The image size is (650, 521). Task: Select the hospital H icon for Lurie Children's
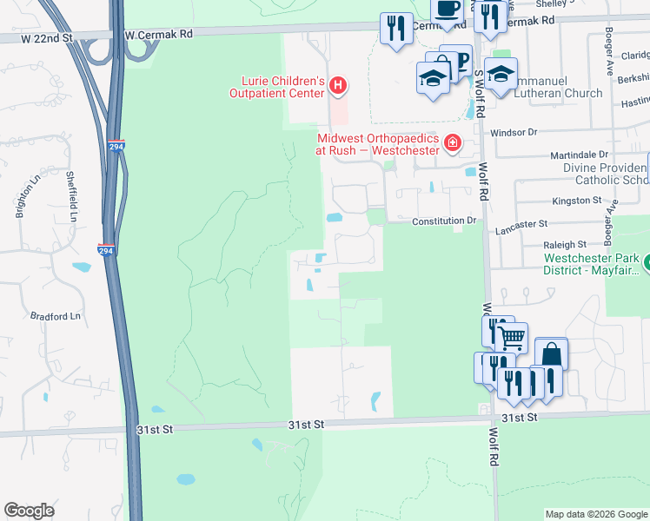(338, 86)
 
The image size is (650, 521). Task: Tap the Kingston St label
(577, 200)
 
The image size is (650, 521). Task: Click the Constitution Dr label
(445, 221)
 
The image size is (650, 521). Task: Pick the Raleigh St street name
(566, 245)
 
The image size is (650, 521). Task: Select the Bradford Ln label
(55, 316)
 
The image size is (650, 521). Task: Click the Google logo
(29, 511)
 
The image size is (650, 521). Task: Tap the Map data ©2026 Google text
(596, 514)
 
